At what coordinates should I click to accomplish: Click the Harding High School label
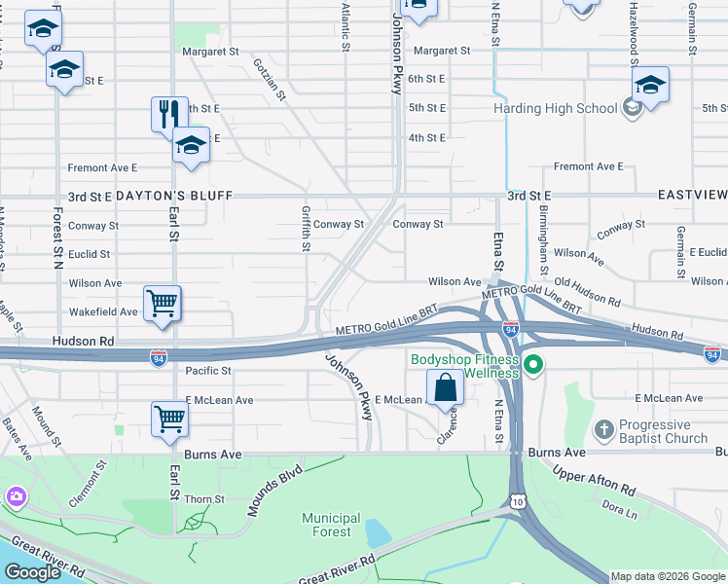556,108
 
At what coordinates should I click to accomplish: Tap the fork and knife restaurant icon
169,113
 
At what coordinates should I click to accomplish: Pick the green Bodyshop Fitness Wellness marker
532,367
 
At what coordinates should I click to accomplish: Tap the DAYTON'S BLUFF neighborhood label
174,196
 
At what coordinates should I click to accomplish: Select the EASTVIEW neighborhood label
691,196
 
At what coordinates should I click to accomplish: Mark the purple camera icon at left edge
15,497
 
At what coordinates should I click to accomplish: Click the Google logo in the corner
32,572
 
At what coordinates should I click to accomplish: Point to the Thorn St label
204,499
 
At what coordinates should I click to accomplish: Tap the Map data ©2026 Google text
667,576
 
